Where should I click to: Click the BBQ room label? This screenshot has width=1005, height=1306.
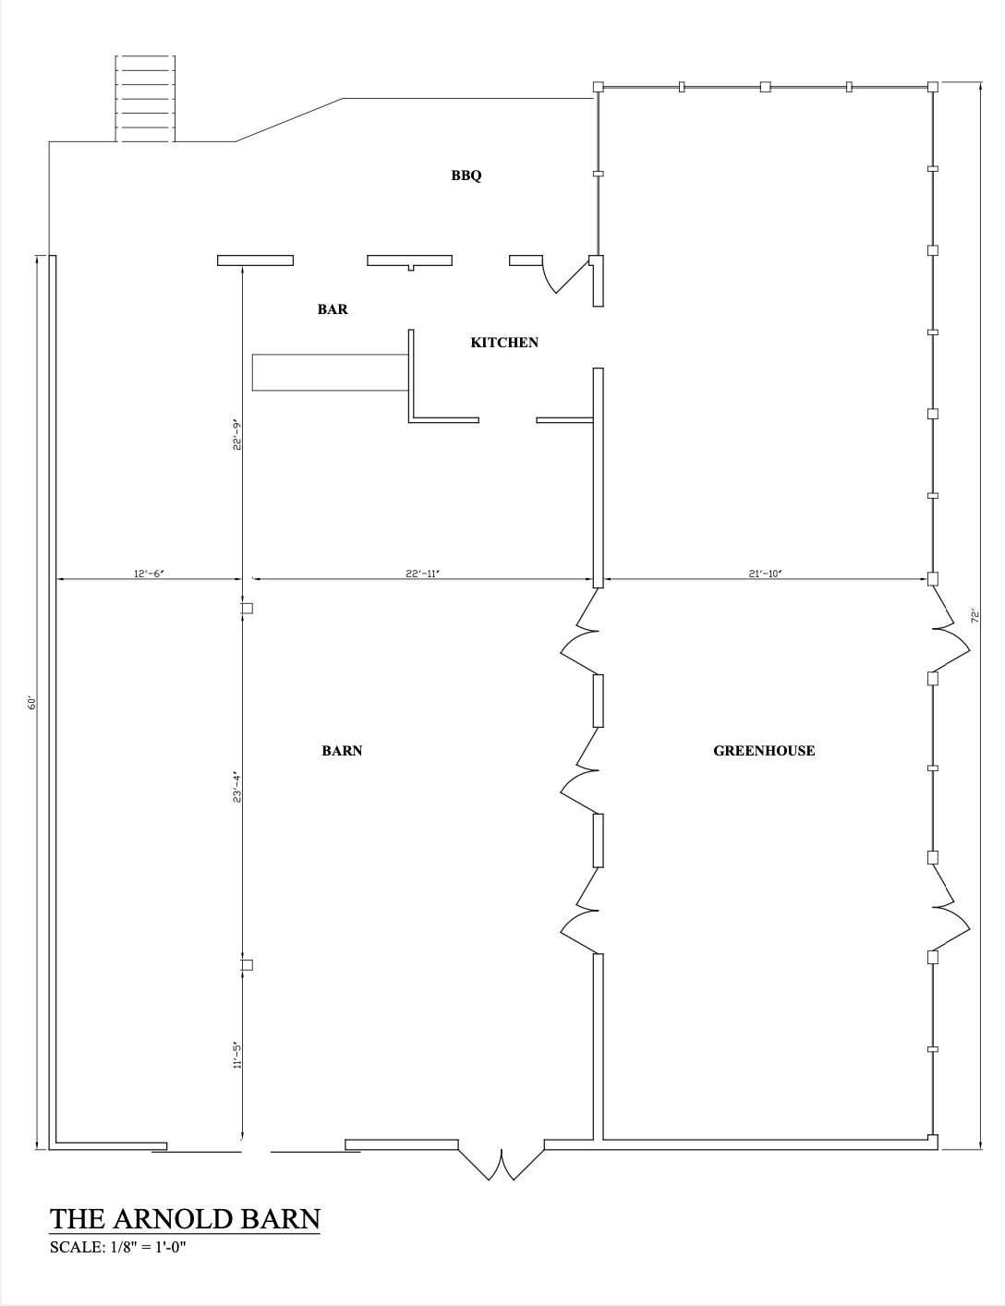tap(466, 175)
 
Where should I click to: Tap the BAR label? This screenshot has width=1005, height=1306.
tap(333, 308)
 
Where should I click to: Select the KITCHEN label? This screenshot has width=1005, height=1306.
tap(504, 343)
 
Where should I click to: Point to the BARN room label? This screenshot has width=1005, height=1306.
tap(342, 751)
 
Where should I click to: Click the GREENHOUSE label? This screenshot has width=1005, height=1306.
tap(764, 751)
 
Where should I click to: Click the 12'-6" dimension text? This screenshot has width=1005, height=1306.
tap(149, 574)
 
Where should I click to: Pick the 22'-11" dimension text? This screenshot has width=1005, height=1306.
tap(422, 574)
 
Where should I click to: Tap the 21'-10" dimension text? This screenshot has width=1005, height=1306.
tap(765, 574)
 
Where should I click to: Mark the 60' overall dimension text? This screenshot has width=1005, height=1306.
tap(31, 703)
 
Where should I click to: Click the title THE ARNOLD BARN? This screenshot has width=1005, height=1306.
tap(185, 1219)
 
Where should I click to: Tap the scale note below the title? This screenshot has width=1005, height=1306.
tap(118, 1247)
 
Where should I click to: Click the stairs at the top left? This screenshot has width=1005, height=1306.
tap(145, 99)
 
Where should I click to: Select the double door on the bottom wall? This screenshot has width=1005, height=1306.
tap(502, 1163)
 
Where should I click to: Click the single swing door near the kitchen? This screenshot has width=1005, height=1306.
tap(566, 276)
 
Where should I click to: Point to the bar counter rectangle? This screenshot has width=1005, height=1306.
tap(330, 372)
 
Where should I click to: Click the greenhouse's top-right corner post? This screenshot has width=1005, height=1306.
tap(932, 87)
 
